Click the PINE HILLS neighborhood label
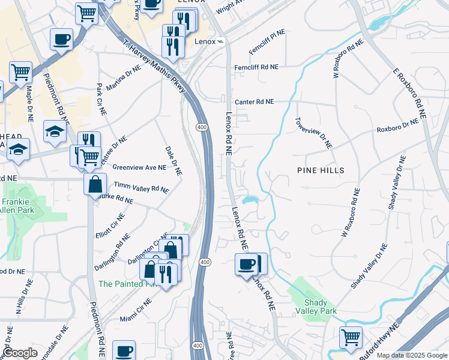321,170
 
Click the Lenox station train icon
221,42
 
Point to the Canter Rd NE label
254,102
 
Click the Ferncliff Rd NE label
256,67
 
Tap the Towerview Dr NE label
313,133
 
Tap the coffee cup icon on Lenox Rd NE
246,265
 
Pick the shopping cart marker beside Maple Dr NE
20,73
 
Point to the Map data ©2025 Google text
411,355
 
